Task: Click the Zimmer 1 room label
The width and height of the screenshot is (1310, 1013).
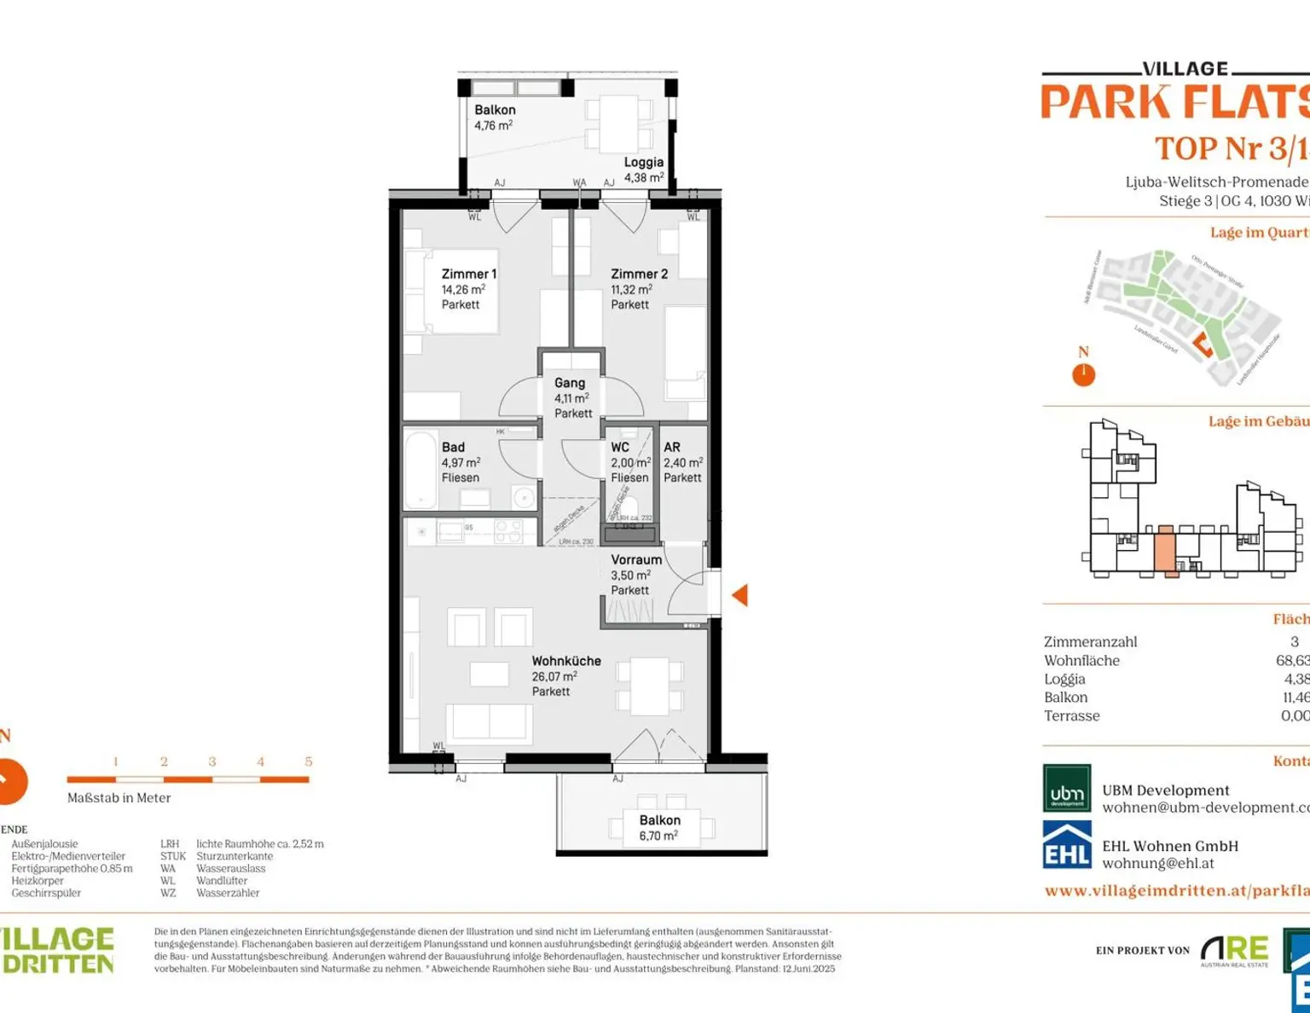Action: point(468,274)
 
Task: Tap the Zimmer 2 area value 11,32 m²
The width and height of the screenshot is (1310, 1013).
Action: point(631,289)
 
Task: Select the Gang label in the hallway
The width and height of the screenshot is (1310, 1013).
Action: point(570,383)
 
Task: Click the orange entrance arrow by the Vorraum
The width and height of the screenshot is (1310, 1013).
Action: point(739,595)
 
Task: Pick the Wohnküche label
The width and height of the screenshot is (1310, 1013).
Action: point(566,661)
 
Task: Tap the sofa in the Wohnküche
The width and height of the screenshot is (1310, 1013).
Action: point(489,722)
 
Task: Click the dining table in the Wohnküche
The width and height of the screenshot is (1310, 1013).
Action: point(650,686)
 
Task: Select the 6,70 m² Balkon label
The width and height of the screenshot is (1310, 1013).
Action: point(659,828)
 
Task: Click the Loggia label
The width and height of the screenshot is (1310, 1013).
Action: point(643,162)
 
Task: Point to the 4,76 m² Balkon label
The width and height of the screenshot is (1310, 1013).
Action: point(495,118)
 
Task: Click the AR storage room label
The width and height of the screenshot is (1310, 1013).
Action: point(672,447)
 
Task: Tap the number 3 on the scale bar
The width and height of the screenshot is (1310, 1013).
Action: point(212,761)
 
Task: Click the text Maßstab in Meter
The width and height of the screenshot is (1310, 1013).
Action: point(119,798)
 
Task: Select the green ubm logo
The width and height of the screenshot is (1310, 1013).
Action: point(1067,788)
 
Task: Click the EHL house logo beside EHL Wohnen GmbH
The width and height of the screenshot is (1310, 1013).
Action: point(1067,845)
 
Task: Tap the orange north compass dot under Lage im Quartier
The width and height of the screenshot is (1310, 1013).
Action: point(1083,374)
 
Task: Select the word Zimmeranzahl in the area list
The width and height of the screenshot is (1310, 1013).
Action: point(1090,642)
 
